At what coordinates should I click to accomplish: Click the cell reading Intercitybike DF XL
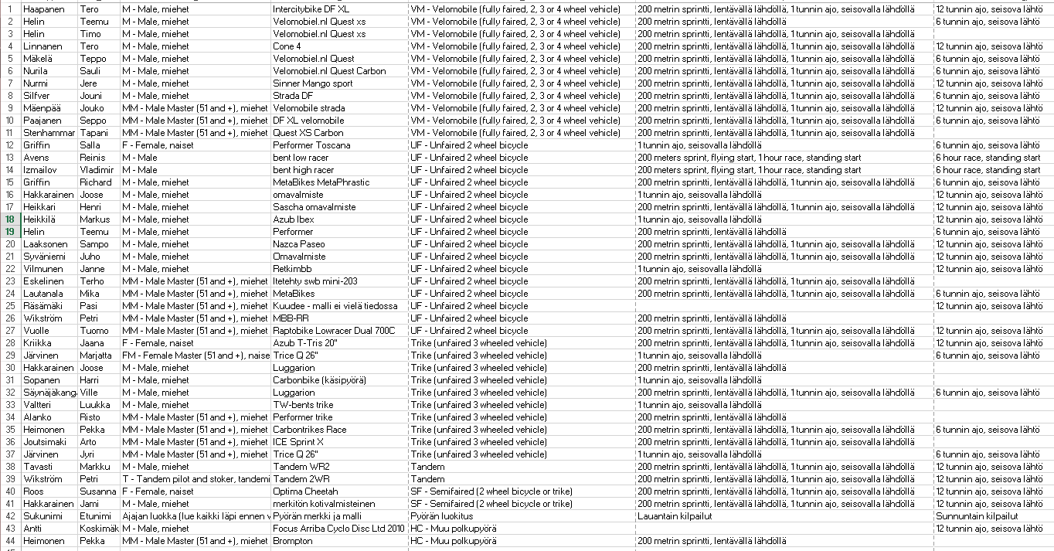point(311,9)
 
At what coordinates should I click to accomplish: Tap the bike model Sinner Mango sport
point(313,83)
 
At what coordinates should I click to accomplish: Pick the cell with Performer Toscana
point(311,145)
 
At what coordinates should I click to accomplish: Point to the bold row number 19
point(10,232)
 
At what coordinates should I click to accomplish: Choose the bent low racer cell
point(301,158)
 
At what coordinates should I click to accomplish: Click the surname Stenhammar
point(49,133)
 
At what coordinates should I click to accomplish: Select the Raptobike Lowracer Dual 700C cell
point(334,331)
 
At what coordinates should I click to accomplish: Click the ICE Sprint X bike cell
point(298,442)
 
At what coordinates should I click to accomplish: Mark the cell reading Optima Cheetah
point(305,491)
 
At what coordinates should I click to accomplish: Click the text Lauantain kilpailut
point(675,516)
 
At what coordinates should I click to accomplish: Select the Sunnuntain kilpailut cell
point(977,516)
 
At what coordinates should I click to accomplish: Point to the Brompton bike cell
point(293,541)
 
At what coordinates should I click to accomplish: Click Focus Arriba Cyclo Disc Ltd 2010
point(338,529)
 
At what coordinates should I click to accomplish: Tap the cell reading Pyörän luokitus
point(442,516)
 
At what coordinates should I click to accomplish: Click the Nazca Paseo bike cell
point(299,244)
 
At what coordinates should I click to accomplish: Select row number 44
point(10,541)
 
